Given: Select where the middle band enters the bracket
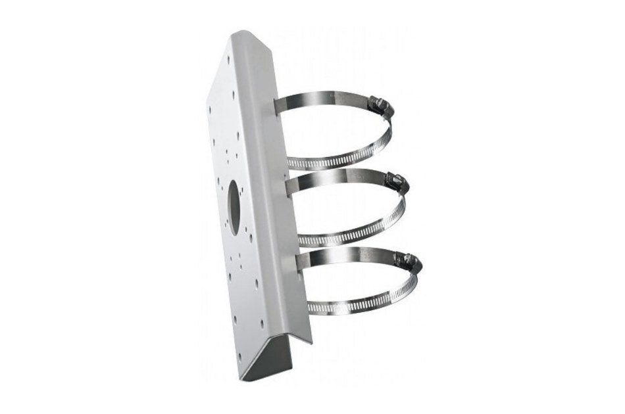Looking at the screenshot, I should tap(293, 181).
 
